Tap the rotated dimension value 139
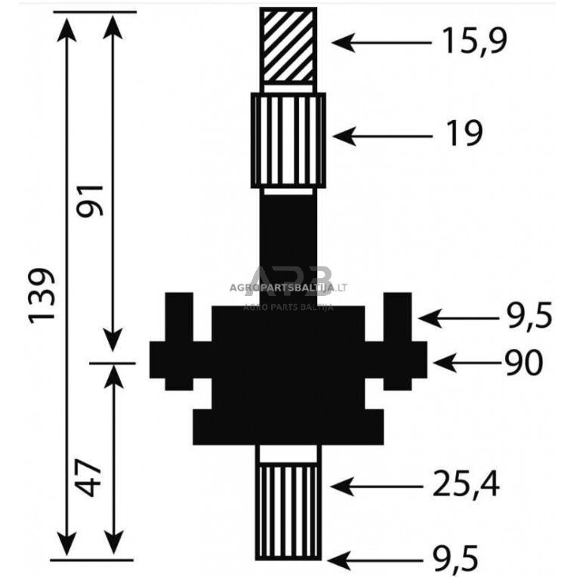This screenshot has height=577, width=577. pos(43,295)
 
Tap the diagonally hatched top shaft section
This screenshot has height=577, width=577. pos(288,45)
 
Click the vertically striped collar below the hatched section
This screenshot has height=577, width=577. pos(288,140)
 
